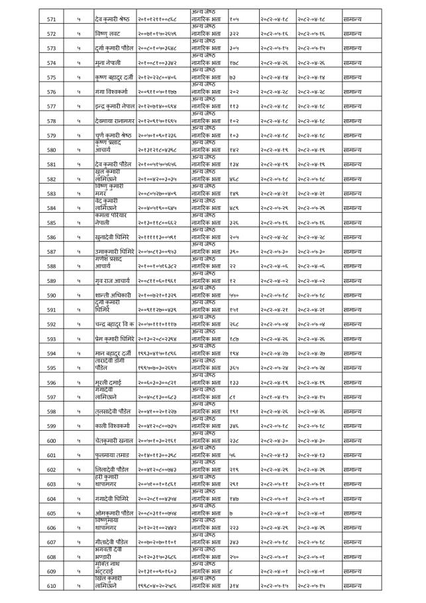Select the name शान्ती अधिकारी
click(113, 296)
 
